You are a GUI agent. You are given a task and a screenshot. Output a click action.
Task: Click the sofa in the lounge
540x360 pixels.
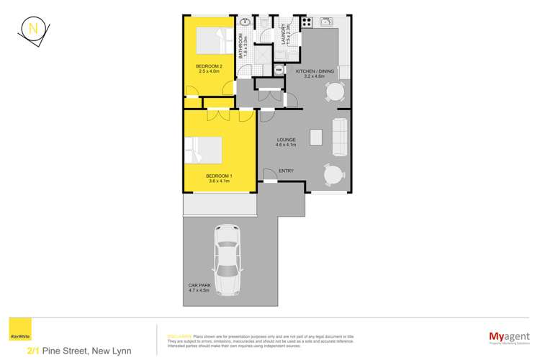341,137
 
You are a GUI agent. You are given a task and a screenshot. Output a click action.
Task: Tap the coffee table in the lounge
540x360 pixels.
315,137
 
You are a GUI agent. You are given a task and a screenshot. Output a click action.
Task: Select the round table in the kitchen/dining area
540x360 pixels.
334,91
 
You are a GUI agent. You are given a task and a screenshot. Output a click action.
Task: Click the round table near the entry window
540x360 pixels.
333,175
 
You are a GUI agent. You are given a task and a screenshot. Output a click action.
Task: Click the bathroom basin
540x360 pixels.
246,22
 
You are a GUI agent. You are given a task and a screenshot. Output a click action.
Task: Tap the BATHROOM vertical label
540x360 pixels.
245,47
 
